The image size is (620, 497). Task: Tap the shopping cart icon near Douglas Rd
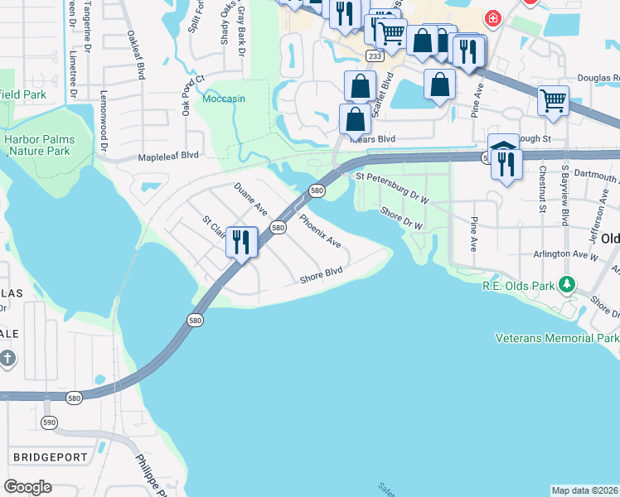pyautogui.click(x=553, y=101)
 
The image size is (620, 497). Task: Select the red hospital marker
pyautogui.click(x=493, y=17)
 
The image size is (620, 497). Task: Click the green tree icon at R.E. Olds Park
pyautogui.click(x=566, y=285)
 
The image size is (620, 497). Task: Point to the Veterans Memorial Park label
pyautogui.click(x=557, y=338)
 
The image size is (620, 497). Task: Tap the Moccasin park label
pyautogui.click(x=224, y=99)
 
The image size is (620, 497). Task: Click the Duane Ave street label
pyautogui.click(x=249, y=200)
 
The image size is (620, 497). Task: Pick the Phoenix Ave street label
pyautogui.click(x=320, y=231)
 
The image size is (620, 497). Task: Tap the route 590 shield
pyautogui.click(x=49, y=422)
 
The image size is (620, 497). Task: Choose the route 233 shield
pyautogui.click(x=375, y=55)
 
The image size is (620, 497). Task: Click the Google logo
pyautogui.click(x=27, y=487)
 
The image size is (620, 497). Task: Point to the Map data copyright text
pyautogui.click(x=584, y=490)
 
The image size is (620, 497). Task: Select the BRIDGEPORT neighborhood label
pyautogui.click(x=49, y=456)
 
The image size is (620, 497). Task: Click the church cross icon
pyautogui.click(x=7, y=359)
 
